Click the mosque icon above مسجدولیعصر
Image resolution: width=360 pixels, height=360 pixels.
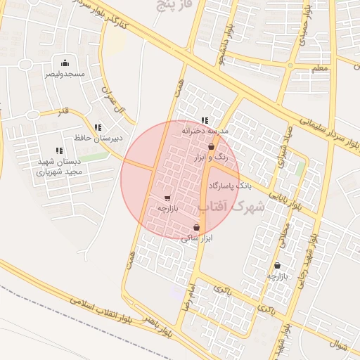click(x=65, y=63)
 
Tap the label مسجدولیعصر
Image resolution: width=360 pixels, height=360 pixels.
click(x=65, y=73)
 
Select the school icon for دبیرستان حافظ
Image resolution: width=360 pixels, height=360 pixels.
click(x=98, y=127)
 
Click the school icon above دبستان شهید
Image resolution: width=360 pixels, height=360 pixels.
click(x=59, y=150)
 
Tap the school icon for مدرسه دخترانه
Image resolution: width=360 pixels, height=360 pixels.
click(x=205, y=120)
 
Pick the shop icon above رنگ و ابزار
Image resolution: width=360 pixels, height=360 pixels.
click(x=211, y=147)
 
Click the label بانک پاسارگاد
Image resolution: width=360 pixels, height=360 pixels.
click(x=229, y=186)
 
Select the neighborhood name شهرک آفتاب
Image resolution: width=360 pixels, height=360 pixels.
click(x=231, y=206)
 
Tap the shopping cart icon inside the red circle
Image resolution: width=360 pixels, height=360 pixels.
click(x=167, y=198)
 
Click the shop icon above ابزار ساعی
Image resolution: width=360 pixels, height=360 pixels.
click(x=196, y=228)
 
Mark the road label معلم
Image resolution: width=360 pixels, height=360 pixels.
click(x=319, y=68)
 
